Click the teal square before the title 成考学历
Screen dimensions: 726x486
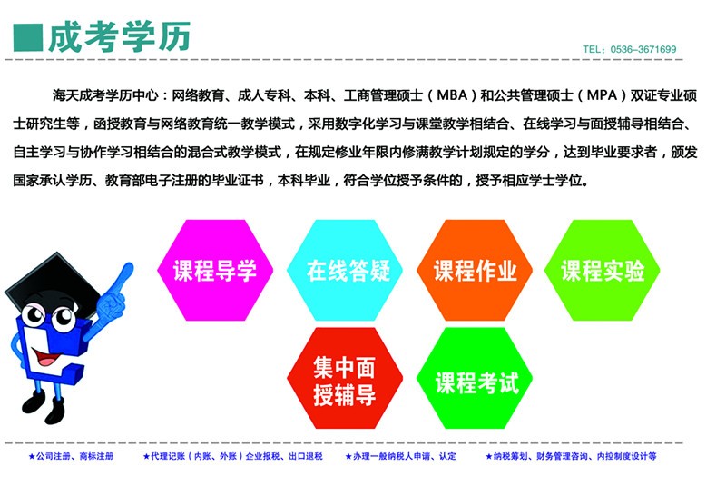(x=28, y=37)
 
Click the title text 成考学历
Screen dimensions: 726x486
(x=120, y=36)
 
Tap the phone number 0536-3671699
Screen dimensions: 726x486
(x=643, y=49)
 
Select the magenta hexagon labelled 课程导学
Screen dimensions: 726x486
(x=215, y=270)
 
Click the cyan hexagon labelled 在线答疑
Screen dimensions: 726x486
(x=345, y=270)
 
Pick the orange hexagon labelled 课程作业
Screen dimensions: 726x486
(x=474, y=270)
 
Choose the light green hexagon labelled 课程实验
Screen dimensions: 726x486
(x=602, y=270)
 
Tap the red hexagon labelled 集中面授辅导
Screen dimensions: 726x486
(x=345, y=378)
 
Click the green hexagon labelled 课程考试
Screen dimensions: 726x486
(x=474, y=378)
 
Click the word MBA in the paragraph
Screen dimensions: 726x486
(x=452, y=95)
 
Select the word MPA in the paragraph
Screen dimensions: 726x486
(x=602, y=95)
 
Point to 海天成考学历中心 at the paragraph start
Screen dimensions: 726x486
(x=105, y=95)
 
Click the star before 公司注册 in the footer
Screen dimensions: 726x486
(x=32, y=456)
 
